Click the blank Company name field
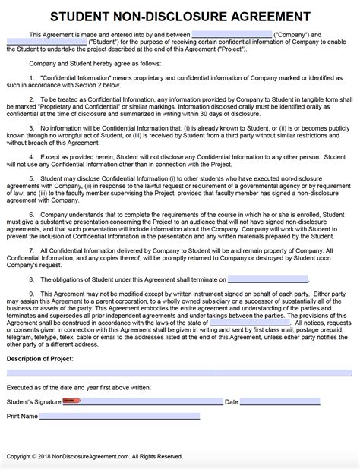[x=232, y=35]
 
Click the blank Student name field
[x=46, y=43]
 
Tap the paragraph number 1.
[x=32, y=78]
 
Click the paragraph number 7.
[x=32, y=269]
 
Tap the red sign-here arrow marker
[x=71, y=423]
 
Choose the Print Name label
[x=22, y=438]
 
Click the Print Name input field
[x=119, y=438]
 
